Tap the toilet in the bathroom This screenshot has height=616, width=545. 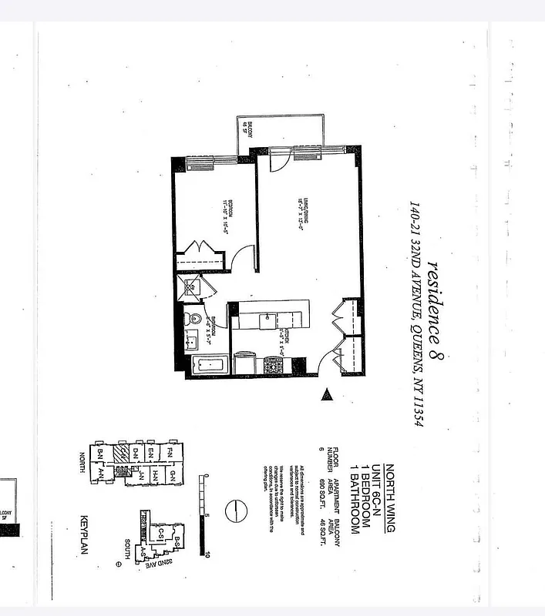coord(194,318)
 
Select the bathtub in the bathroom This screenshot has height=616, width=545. coord(207,363)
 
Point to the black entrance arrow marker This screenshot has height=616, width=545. coord(327,395)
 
